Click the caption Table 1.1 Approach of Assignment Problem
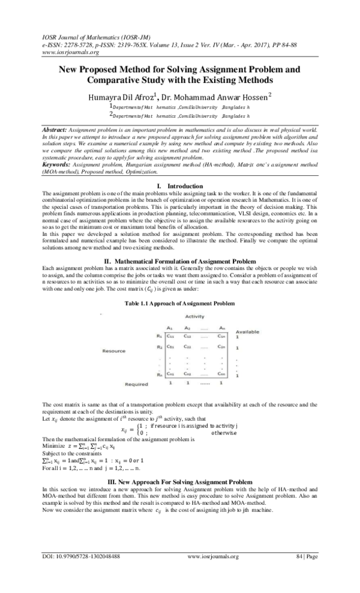pyautogui.click(x=179, y=304)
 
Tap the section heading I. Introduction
pyautogui.click(x=179, y=170)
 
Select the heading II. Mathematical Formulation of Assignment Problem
pyautogui.click(x=180, y=261)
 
